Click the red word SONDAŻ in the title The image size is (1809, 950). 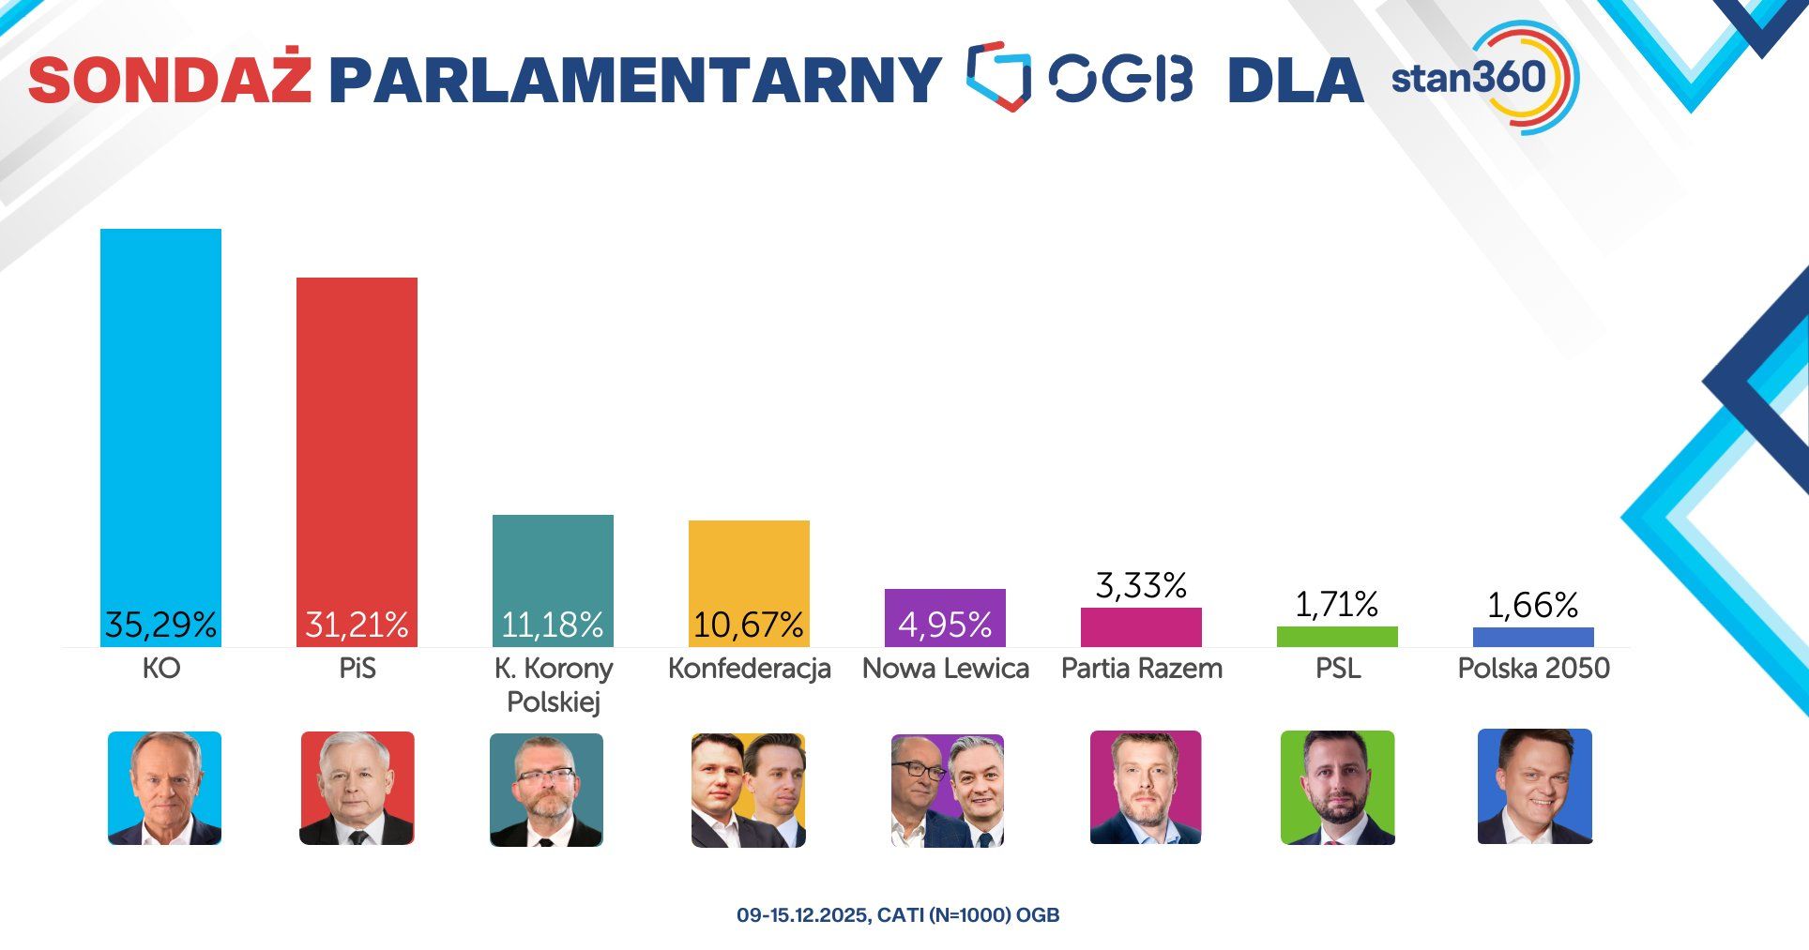[170, 80]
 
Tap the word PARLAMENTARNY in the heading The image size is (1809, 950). [634, 80]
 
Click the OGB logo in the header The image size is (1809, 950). [1079, 77]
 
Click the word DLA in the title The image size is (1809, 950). [1295, 80]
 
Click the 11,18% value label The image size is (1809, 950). [552, 625]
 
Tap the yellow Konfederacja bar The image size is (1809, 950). [749, 563]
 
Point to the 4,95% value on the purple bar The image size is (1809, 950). [945, 625]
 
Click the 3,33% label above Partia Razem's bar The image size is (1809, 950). [1141, 585]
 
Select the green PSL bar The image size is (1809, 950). [1337, 637]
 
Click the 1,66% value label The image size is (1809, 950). [1533, 605]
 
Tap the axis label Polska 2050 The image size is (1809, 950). [1533, 669]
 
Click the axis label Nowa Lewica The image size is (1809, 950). [945, 669]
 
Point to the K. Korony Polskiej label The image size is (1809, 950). [553, 685]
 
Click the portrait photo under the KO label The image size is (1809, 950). [164, 788]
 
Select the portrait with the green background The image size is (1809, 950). [1337, 788]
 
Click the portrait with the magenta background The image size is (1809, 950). [1145, 788]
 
